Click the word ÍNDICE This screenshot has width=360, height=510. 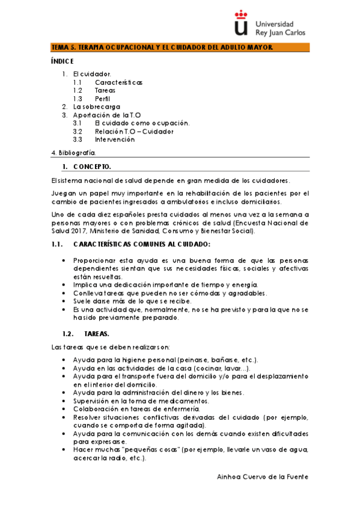pyautogui.click(x=62, y=61)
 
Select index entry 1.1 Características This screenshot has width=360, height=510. pyautogui.click(x=118, y=82)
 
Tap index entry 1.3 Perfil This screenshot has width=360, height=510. pyautogui.click(x=102, y=99)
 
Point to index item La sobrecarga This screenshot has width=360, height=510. pyautogui.click(x=96, y=106)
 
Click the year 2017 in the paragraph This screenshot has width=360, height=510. pyautogui.click(x=77, y=230)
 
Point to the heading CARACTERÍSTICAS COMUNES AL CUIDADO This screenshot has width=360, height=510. pyautogui.click(x=142, y=244)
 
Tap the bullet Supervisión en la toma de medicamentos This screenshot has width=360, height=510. pyautogui.click(x=141, y=401)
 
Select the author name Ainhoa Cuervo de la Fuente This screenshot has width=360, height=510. pyautogui.click(x=263, y=476)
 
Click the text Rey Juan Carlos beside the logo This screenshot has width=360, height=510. pyautogui.click(x=281, y=32)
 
